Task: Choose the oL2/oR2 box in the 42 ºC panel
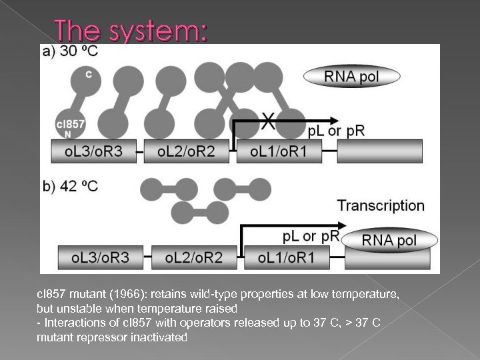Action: tap(193, 257)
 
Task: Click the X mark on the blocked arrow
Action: tap(268, 121)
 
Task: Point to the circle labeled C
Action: tap(89, 75)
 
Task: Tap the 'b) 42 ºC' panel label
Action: tap(70, 186)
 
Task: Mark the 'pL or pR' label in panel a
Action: tap(336, 131)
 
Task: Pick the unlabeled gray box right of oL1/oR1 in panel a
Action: tap(380, 152)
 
